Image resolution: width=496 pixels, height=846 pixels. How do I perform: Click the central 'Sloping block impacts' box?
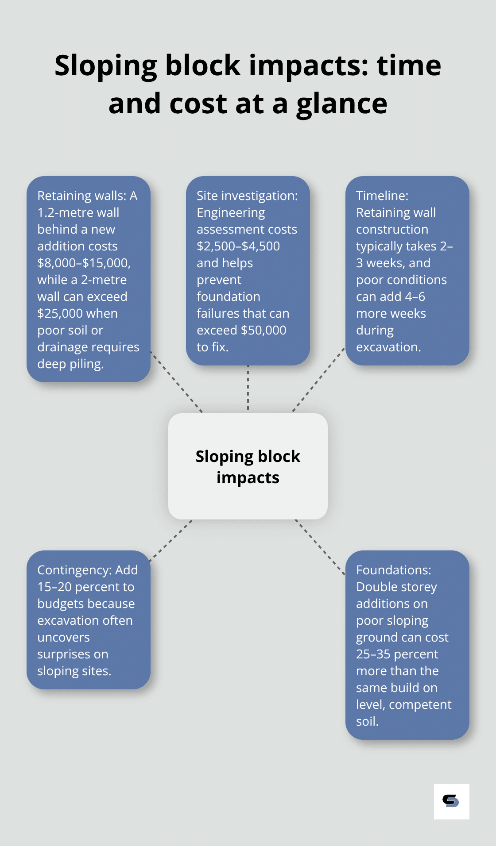pos(248,466)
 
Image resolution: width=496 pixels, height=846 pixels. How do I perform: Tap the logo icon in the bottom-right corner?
pos(451,801)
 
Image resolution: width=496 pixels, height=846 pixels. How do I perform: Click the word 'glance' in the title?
pos(341,104)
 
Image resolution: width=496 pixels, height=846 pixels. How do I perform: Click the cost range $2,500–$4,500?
pos(238,246)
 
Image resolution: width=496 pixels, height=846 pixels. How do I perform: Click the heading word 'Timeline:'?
pos(382,196)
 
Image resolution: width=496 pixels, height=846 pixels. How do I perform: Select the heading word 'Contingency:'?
pos(74,570)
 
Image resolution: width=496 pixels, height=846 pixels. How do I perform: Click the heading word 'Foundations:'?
pos(393,570)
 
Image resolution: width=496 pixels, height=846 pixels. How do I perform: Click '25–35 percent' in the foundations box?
pos(397,654)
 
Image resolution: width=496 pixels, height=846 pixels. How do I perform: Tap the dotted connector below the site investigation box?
pos(248,388)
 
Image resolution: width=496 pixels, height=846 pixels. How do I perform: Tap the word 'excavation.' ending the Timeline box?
pos(388,347)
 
